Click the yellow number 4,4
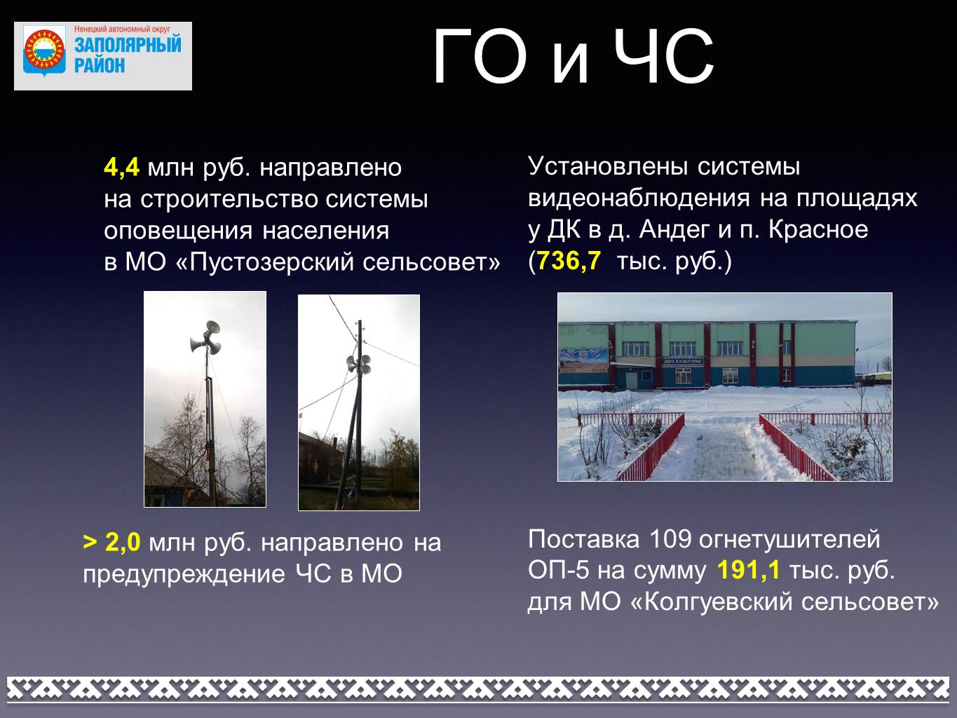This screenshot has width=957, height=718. pos(122,168)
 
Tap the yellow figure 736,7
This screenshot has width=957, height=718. pos(569,261)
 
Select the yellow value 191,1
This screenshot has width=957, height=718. pos(748,570)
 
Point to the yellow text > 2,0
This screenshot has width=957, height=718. pos(111,542)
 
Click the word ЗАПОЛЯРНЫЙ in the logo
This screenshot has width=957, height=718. pos(128,45)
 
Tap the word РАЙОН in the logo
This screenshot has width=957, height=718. pos(100,65)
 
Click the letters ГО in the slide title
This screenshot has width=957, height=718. pos(480,57)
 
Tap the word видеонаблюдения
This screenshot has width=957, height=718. pos(639,199)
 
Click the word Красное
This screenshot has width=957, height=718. pos(818,230)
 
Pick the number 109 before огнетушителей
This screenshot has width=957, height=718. pos(670,539)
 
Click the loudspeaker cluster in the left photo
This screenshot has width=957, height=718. pos(206,337)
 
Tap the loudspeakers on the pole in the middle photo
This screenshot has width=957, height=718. pos(358,364)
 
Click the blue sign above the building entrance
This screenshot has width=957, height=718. pos(682,362)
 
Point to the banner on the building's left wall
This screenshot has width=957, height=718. pos(583,360)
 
